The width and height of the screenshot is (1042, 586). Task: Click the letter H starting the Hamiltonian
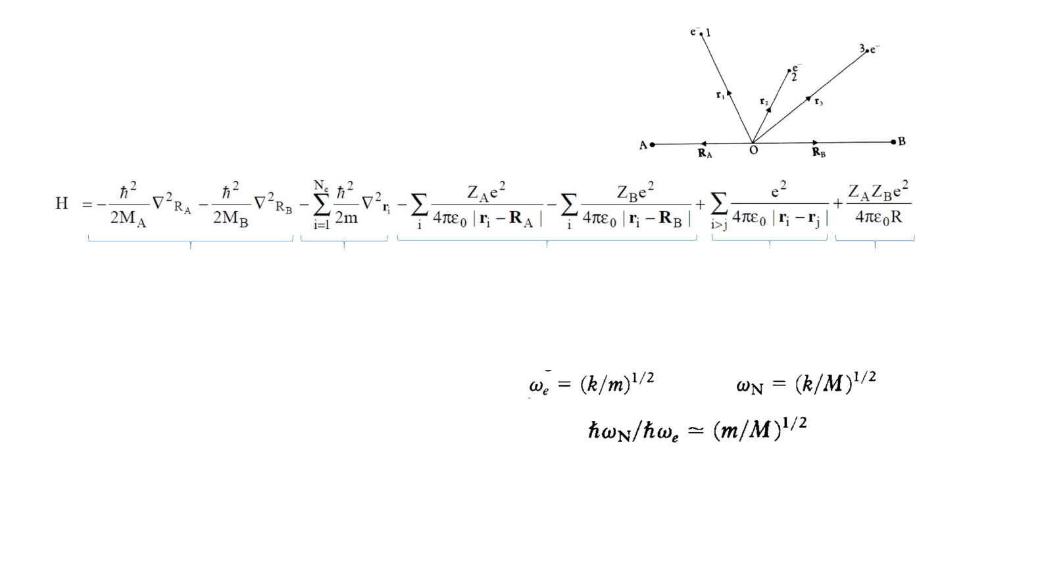coord(62,203)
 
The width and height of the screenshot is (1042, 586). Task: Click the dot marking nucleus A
coord(652,144)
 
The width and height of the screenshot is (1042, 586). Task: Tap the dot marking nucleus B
coord(893,141)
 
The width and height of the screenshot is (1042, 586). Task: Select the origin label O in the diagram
coord(754,151)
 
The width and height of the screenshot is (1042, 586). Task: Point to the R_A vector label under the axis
coord(705,153)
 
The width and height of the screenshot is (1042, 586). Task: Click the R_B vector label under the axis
coord(818,153)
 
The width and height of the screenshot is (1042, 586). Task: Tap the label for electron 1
coord(700,32)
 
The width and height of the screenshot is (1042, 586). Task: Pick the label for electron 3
coord(869,49)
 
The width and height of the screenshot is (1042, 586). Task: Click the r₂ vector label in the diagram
coord(764,101)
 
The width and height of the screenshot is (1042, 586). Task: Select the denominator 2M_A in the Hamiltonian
coord(128,218)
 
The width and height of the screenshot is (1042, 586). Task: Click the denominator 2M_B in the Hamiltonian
coord(230,218)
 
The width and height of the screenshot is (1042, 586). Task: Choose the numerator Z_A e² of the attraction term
coord(486,192)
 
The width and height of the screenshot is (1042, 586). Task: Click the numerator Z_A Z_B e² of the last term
coord(878,191)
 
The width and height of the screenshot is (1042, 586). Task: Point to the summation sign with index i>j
coord(719,205)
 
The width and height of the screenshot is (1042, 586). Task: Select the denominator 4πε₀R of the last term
coord(878,217)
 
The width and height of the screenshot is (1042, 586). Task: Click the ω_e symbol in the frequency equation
coord(539,385)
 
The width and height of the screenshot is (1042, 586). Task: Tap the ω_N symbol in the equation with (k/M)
coord(749,385)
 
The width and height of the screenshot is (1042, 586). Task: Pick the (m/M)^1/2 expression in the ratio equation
coord(760,429)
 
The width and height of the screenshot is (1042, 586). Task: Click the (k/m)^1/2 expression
coord(617,383)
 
